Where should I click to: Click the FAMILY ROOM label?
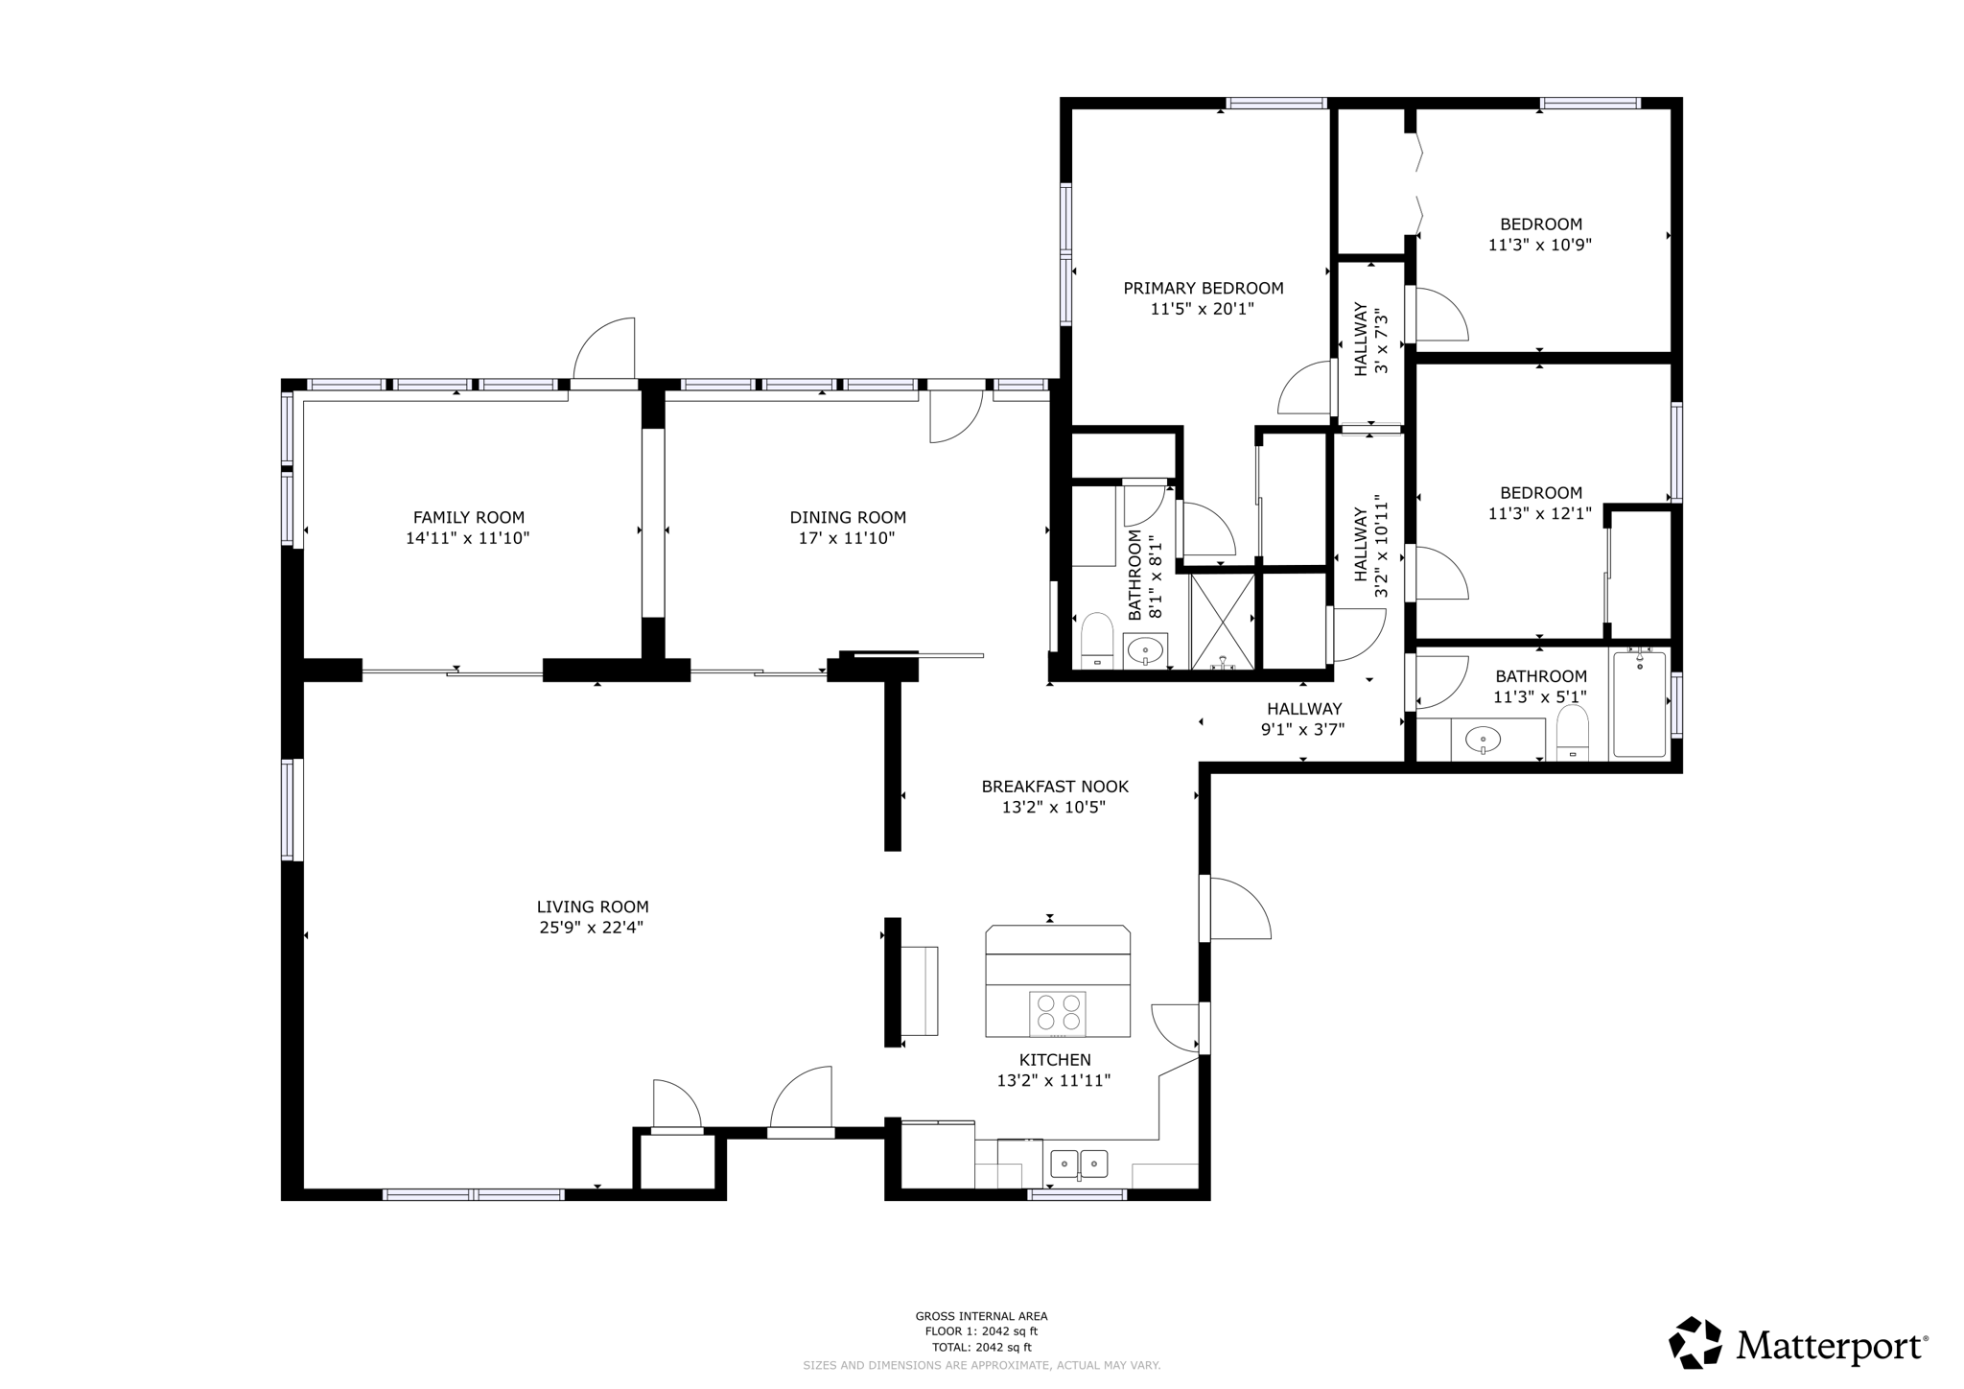pos(468,517)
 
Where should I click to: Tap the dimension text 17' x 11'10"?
pos(847,538)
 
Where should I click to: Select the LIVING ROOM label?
pos(592,906)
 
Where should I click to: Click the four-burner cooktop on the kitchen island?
pos(1058,1014)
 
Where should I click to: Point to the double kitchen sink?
pos(1079,1164)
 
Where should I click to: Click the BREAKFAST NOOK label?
pos(1054,787)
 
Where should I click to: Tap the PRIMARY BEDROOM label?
pos(1203,288)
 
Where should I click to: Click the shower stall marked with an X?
pos(1222,621)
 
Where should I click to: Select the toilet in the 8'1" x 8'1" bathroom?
pos(1095,640)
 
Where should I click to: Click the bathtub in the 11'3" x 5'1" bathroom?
pos(1639,705)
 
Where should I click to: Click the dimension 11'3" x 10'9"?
pos(1539,245)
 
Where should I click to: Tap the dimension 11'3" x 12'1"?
pos(1539,513)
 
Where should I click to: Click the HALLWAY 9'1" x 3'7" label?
pos(1303,718)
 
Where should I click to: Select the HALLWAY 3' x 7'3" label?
pos(1369,341)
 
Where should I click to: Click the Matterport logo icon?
pos(1695,1343)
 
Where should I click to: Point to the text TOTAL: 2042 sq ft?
pos(981,1346)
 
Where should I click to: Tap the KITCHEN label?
pos(1054,1060)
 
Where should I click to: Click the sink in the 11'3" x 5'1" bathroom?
pos(1483,740)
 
